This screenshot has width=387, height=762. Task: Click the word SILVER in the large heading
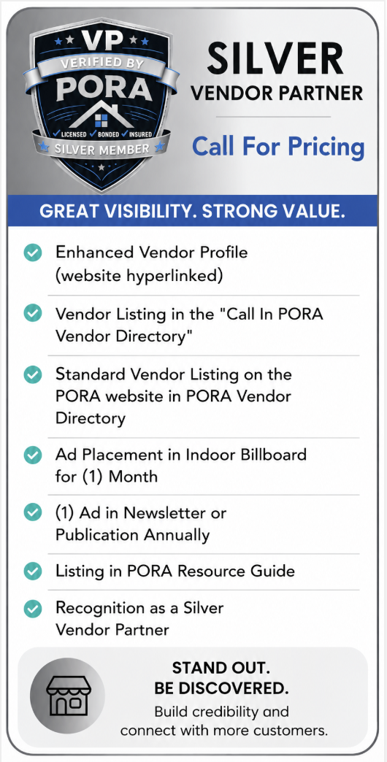(275, 58)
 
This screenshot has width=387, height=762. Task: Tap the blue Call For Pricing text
(278, 145)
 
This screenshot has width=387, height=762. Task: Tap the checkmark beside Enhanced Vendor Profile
(33, 253)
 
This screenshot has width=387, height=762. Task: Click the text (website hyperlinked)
(139, 276)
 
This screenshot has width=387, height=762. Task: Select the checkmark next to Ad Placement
(33, 455)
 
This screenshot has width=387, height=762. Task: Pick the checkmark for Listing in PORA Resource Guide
(33, 571)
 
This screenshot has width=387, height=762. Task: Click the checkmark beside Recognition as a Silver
(33, 609)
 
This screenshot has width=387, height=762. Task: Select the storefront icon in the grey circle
(68, 695)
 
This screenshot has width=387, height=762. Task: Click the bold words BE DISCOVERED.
(221, 688)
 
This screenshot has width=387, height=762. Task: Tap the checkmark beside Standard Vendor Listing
(33, 374)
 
